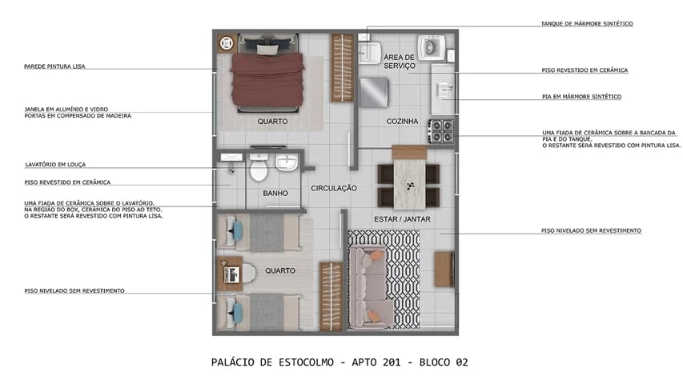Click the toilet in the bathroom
[258, 170]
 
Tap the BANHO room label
[275, 194]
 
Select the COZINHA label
[402, 122]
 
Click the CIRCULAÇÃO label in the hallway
[334, 189]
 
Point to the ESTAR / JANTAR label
[403, 218]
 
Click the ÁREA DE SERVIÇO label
[398, 62]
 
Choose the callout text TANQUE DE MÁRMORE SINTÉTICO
[587, 24]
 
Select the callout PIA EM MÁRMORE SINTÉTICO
[581, 97]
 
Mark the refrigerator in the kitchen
[374, 93]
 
